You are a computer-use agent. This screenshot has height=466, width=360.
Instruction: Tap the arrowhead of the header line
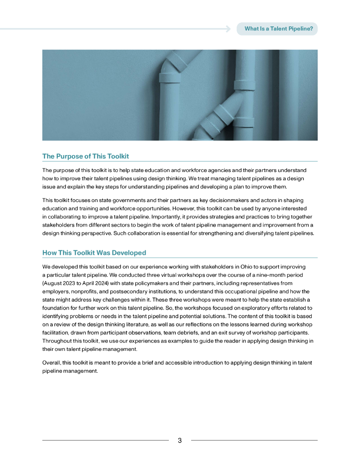[x=228, y=29]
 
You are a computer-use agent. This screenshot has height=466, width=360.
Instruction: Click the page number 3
[x=180, y=441]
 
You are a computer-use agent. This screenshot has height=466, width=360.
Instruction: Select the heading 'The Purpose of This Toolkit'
[x=86, y=156]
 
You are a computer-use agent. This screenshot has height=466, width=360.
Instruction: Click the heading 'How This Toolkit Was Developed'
[x=94, y=253]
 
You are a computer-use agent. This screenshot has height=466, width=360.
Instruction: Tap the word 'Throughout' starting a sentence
[x=58, y=341]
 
